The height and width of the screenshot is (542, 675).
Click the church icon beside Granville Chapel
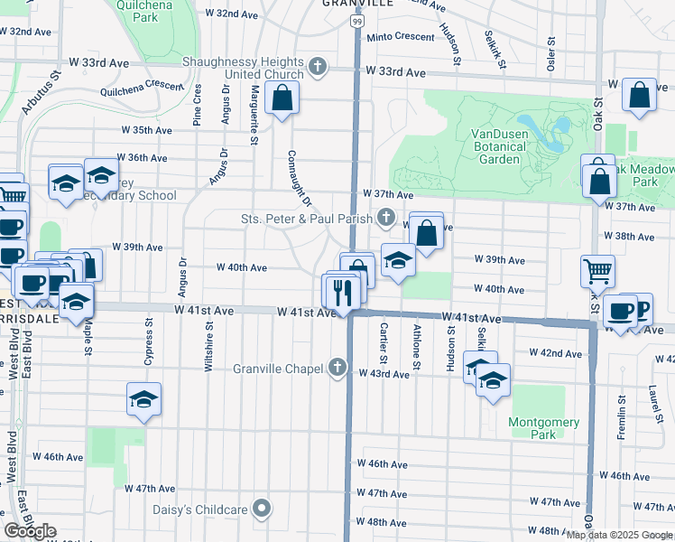[337, 367]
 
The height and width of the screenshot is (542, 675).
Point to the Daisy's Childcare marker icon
[263, 509]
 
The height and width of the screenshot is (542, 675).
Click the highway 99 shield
[358, 21]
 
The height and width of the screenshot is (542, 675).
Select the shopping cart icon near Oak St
[597, 269]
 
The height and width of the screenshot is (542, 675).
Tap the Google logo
[30, 532]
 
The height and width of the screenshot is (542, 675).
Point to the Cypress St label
[148, 341]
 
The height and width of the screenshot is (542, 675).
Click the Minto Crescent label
[401, 37]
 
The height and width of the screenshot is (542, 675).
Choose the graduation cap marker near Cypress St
[143, 399]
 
